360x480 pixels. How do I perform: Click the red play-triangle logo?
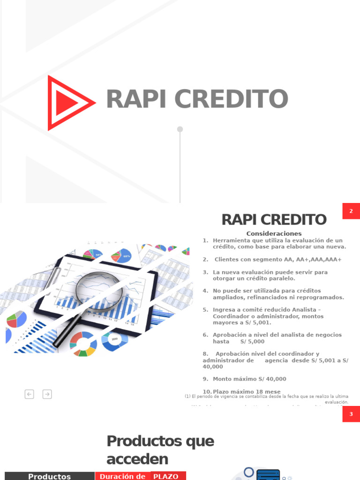click(x=68, y=103)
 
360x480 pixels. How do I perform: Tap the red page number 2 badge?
click(x=351, y=211)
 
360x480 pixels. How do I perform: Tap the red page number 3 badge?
click(x=351, y=414)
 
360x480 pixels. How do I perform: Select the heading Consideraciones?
click(x=274, y=233)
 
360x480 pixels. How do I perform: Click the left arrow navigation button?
click(x=30, y=394)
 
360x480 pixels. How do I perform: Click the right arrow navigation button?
click(x=47, y=394)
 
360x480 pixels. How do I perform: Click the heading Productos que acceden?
click(x=160, y=449)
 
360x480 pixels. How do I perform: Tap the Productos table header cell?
click(x=49, y=476)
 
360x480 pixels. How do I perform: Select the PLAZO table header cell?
click(x=165, y=476)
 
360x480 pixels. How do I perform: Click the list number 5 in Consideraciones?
click(x=205, y=310)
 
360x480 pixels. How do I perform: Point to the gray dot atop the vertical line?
click(x=180, y=129)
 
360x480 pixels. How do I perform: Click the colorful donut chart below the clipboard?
click(x=83, y=344)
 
